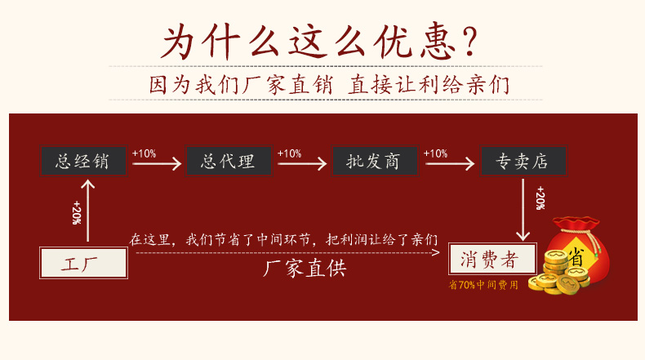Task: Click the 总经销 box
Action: (83, 161)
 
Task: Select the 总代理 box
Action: (229, 161)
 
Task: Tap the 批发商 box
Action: (375, 161)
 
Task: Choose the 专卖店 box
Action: (523, 161)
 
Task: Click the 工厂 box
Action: (83, 263)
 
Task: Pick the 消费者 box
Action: (492, 259)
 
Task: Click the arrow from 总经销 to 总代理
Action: (157, 164)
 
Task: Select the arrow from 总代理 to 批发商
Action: (302, 164)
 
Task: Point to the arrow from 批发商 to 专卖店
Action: (450, 164)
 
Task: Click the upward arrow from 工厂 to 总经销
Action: (87, 211)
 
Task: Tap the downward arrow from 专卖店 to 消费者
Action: (523, 210)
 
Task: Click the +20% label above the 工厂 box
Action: (76, 212)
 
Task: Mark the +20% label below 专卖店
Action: (540, 198)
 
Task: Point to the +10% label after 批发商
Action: (435, 153)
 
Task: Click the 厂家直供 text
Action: (305, 269)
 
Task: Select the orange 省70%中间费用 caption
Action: (483, 285)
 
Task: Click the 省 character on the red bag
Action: (576, 257)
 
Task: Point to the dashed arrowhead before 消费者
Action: (437, 252)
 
